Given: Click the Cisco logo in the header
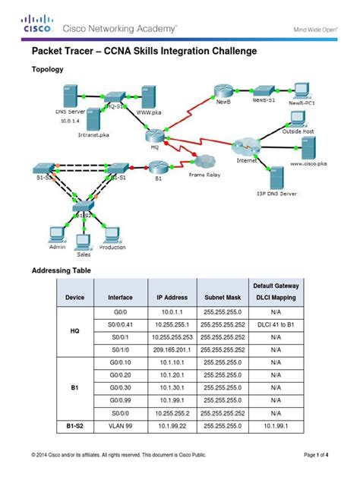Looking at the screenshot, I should (35, 23).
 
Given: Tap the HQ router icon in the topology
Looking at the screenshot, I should (153, 136).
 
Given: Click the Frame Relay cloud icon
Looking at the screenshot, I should (204, 161).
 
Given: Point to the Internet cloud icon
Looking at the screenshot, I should (248, 147).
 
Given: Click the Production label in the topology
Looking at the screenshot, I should (112, 248).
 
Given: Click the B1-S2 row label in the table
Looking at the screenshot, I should (74, 427).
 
